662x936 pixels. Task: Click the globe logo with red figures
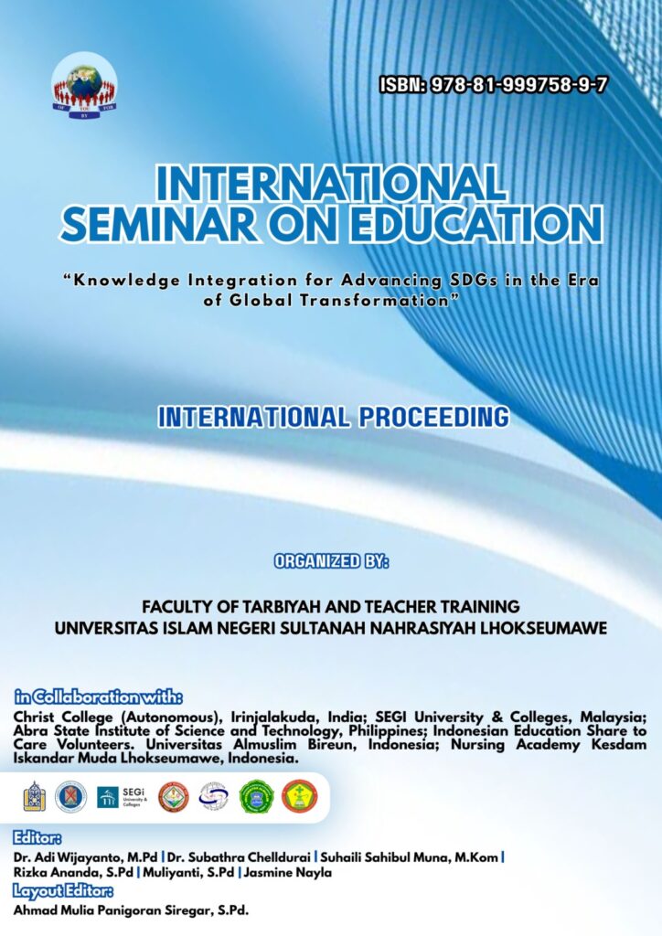pyautogui.click(x=84, y=87)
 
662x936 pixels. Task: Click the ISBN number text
pyautogui.click(x=493, y=85)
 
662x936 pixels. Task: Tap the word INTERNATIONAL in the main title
pyautogui.click(x=331, y=183)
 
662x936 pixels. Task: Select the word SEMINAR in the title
pyautogui.click(x=159, y=224)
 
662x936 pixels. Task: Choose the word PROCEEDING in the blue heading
pyautogui.click(x=435, y=417)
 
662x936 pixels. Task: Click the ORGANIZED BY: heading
pyautogui.click(x=331, y=561)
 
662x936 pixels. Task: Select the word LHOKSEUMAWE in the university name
pyautogui.click(x=544, y=629)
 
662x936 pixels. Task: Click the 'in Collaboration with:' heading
pyautogui.click(x=99, y=697)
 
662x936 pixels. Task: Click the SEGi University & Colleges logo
pyautogui.click(x=122, y=797)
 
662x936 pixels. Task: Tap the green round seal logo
pyautogui.click(x=257, y=797)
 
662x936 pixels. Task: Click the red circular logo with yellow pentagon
pyautogui.click(x=300, y=797)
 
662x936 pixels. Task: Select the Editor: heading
pyautogui.click(x=37, y=838)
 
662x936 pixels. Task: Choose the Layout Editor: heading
pyautogui.click(x=63, y=891)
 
